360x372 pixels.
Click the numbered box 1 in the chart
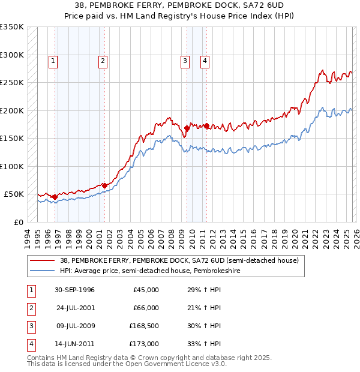point(53,61)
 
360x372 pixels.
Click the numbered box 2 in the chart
point(103,61)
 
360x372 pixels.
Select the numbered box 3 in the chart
point(185,61)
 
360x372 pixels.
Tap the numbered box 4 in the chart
point(205,61)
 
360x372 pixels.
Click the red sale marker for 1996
point(55,197)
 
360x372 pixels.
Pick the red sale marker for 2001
point(104,185)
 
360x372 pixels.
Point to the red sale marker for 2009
point(187,128)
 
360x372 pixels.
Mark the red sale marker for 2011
point(206,125)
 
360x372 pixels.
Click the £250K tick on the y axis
point(12,83)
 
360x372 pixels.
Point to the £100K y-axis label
point(12,166)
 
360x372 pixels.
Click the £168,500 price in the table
point(143,326)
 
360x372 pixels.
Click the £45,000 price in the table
point(146,290)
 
